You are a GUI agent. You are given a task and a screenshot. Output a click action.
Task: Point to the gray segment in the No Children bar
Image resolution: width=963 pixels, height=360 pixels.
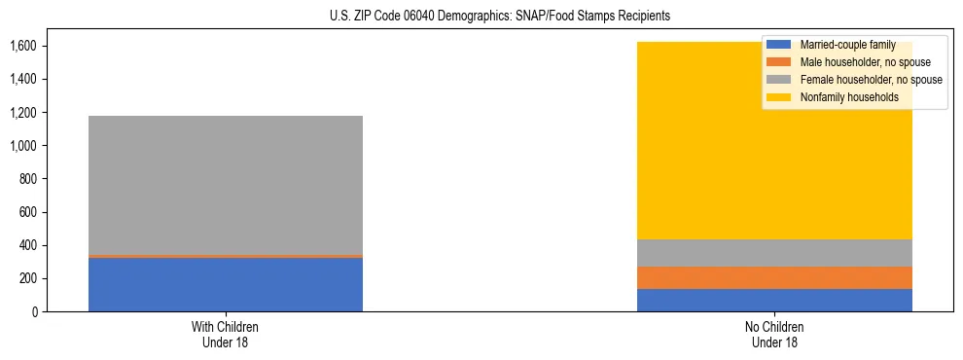click(x=774, y=253)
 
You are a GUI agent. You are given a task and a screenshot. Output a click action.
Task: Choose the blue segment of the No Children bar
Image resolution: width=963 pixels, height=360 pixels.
click(x=774, y=300)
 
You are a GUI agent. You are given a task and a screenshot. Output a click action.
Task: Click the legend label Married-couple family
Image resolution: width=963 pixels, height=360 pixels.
click(x=847, y=45)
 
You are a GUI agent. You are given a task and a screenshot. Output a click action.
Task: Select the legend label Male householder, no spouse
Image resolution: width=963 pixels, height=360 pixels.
click(x=865, y=62)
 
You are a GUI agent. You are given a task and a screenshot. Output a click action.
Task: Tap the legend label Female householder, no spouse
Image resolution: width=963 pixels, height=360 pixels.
click(x=871, y=80)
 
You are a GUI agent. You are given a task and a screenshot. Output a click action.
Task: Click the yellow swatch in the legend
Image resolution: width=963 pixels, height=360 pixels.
click(x=778, y=97)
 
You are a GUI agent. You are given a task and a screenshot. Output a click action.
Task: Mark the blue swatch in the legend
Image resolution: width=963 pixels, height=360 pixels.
click(x=778, y=45)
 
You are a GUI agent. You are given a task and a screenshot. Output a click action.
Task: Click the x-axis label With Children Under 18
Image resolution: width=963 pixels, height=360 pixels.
click(x=226, y=334)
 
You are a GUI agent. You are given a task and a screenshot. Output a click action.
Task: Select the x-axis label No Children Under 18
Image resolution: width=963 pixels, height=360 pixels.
click(x=774, y=334)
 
